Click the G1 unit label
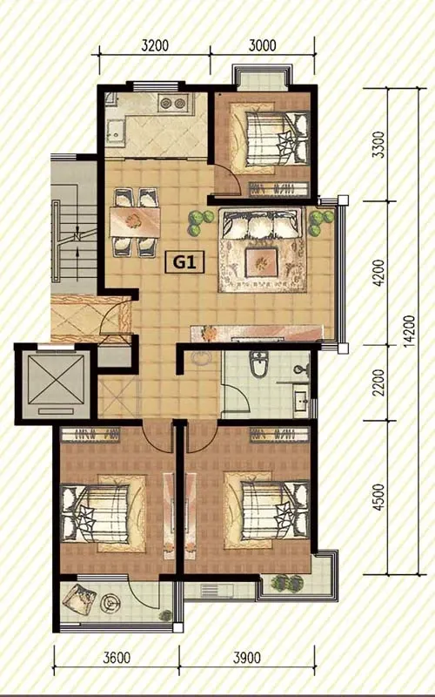pos(184,262)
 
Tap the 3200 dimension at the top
pos(155,45)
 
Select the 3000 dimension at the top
pos(263,45)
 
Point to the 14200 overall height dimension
pos(408,331)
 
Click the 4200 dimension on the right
pos(378,273)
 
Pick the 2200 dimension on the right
pos(378,382)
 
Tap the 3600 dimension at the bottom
pos(117,658)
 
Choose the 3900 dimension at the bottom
pos(247,658)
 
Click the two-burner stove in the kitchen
pos(172,104)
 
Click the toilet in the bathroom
pos(258,363)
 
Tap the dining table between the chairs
pos(135,223)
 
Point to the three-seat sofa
pos(262,223)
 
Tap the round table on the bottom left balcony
pos(110,603)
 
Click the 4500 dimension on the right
pos(378,497)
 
